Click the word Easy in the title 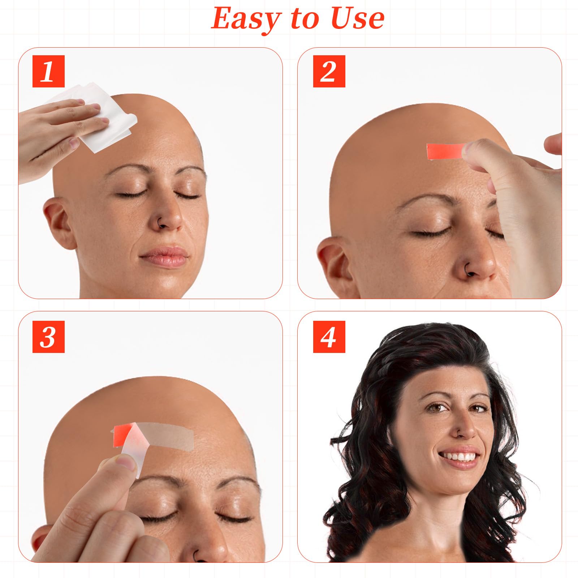click(x=246, y=19)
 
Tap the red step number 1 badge click(x=48, y=71)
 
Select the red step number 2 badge click(x=329, y=71)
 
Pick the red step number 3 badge click(x=48, y=337)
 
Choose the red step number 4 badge click(x=329, y=337)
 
